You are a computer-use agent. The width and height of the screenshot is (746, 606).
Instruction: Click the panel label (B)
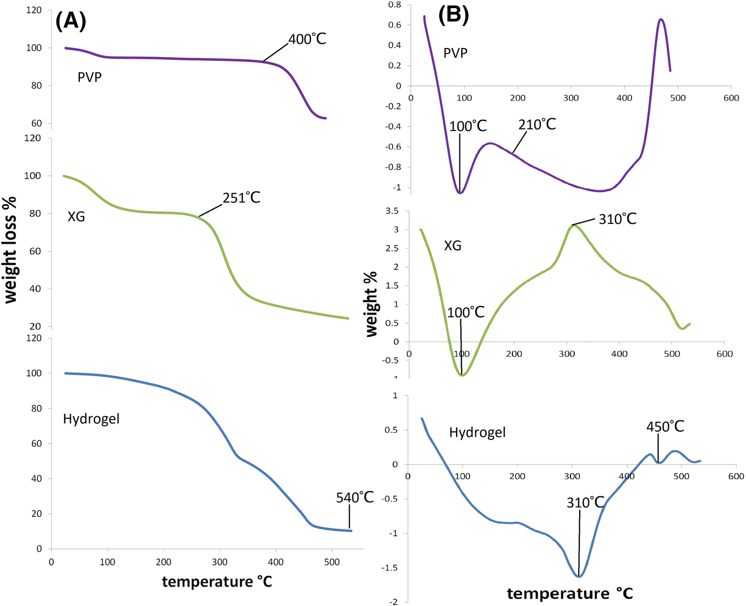pyautogui.click(x=453, y=15)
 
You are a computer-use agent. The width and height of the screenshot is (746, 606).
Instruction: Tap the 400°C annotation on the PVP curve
pyautogui.click(x=307, y=39)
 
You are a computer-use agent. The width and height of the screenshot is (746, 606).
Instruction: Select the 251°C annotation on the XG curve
pyautogui.click(x=241, y=198)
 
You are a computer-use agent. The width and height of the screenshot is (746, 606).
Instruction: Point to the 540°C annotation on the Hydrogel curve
pyautogui.click(x=355, y=497)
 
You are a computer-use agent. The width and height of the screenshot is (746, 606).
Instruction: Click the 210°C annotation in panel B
pyautogui.click(x=537, y=125)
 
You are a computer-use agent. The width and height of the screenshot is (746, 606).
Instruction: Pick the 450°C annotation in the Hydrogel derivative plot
pyautogui.click(x=665, y=427)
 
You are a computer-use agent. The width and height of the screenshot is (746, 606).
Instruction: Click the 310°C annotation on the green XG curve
pyautogui.click(x=618, y=219)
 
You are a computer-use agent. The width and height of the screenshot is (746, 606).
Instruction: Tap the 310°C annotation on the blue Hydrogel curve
pyautogui.click(x=585, y=502)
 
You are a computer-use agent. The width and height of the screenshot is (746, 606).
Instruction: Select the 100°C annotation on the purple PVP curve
pyautogui.click(x=468, y=126)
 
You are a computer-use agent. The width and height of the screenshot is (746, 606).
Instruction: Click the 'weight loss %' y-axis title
pyautogui.click(x=11, y=250)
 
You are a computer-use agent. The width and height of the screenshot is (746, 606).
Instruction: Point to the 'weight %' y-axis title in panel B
pyautogui.click(x=371, y=304)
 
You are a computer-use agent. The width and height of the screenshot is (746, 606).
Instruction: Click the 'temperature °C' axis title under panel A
pyautogui.click(x=217, y=582)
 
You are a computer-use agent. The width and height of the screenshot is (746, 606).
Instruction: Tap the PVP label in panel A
pyautogui.click(x=90, y=77)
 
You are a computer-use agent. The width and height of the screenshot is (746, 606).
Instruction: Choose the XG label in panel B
pyautogui.click(x=452, y=246)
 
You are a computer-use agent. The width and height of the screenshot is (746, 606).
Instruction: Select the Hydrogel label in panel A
pyautogui.click(x=91, y=419)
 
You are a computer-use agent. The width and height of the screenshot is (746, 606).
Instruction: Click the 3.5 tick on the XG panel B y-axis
pyautogui.click(x=392, y=211)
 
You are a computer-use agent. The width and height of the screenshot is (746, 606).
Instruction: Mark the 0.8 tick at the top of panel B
pyautogui.click(x=395, y=5)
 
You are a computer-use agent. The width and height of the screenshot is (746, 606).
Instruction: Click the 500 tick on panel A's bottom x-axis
pyautogui.click(x=332, y=562)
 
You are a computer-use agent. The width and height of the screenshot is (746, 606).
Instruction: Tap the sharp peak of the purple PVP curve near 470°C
pyautogui.click(x=661, y=19)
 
